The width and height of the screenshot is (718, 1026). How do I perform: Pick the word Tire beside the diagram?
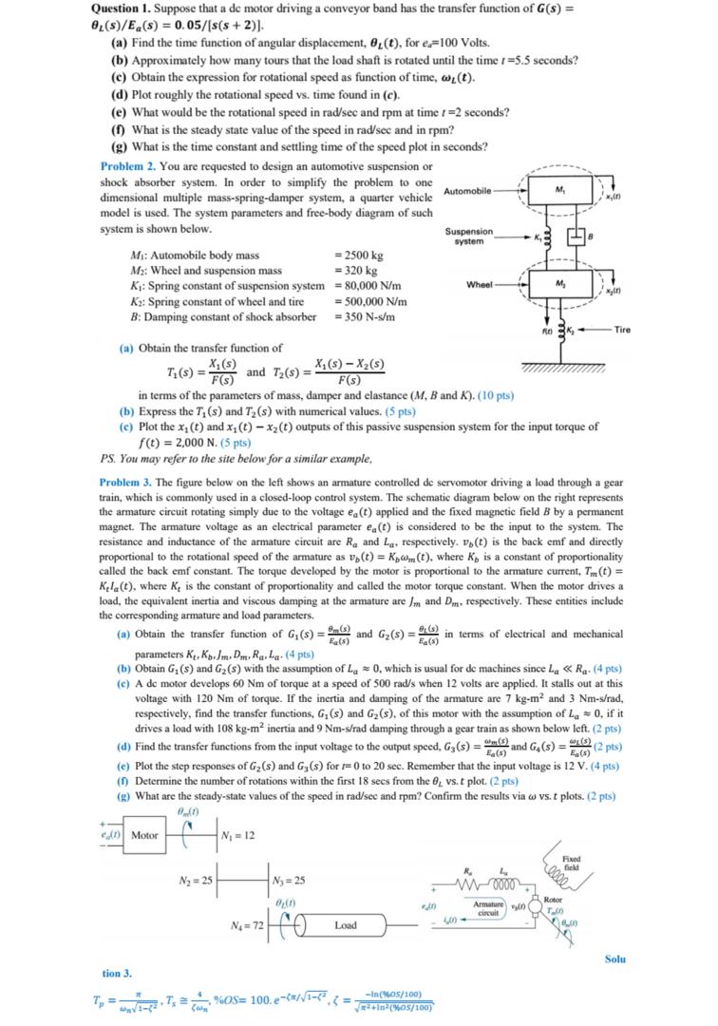click(622, 330)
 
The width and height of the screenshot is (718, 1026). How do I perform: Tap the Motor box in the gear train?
click(144, 835)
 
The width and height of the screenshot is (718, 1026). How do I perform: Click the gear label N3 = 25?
click(293, 876)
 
